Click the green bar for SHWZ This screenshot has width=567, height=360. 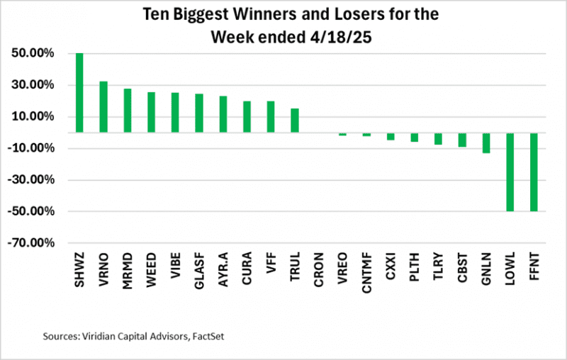[x=79, y=92]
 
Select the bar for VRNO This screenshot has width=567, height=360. [x=103, y=106]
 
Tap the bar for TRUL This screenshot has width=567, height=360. [x=295, y=120]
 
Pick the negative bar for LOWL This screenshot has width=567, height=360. [x=510, y=171]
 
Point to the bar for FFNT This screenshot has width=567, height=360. [x=534, y=171]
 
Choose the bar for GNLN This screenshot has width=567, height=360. [x=486, y=142]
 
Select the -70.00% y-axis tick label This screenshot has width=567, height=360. [x=30, y=243]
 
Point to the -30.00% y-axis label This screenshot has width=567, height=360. [x=30, y=180]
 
